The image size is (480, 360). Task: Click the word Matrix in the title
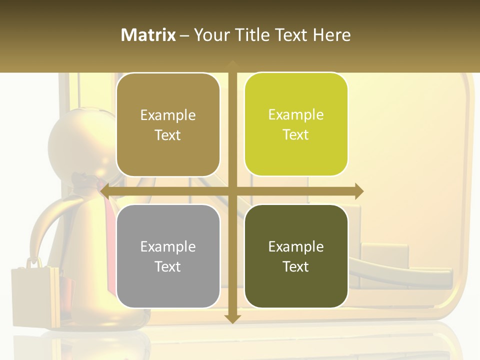tap(148, 35)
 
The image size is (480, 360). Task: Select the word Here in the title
tap(331, 35)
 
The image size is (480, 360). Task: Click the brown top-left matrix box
tap(168, 125)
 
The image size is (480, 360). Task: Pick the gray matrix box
tap(168, 256)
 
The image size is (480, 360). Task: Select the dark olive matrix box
tap(296, 256)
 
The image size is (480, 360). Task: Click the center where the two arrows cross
tap(232, 190)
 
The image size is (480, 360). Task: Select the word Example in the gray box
tap(168, 246)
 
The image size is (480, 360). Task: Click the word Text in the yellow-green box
tap(296, 134)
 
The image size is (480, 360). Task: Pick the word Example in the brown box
tap(168, 115)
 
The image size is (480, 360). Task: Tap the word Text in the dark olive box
tap(296, 266)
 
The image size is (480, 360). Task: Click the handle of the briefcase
tap(34, 261)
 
